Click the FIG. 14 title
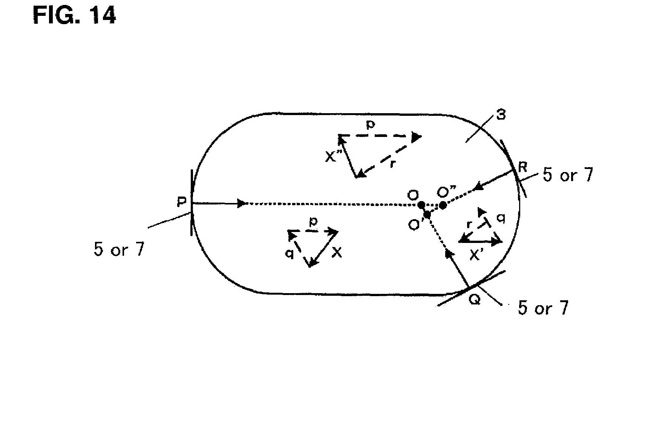74,15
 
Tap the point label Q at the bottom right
475,300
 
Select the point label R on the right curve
522,167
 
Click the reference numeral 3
501,115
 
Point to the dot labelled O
421,204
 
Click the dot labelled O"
443,205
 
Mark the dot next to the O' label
427,215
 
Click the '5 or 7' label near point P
119,249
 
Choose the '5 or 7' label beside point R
568,175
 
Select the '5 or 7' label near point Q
543,308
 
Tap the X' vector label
476,256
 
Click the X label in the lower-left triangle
337,253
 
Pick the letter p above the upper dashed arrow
371,125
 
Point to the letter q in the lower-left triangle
290,254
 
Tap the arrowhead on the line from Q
448,253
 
